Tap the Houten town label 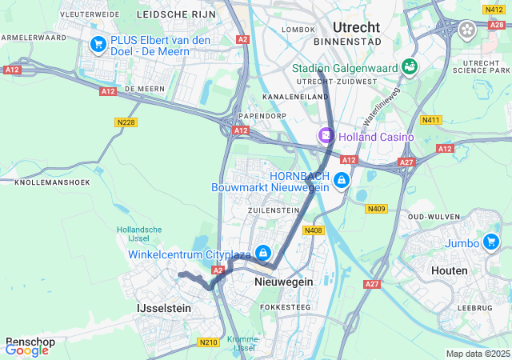tap(449, 270)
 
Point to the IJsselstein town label tap(163, 307)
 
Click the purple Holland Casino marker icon tap(326, 137)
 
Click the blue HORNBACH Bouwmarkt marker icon tap(342, 181)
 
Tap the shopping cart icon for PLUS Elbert tap(99, 45)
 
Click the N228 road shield tap(125, 122)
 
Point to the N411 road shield tap(432, 120)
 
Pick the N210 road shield tap(207, 342)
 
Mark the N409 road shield tap(376, 209)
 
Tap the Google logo tap(26, 350)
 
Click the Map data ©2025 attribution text tap(477, 354)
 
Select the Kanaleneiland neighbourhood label tap(296, 97)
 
